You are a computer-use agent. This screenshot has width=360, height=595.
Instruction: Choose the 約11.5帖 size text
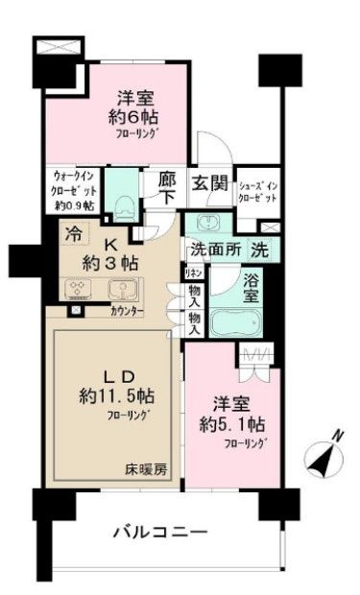click(x=113, y=393)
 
